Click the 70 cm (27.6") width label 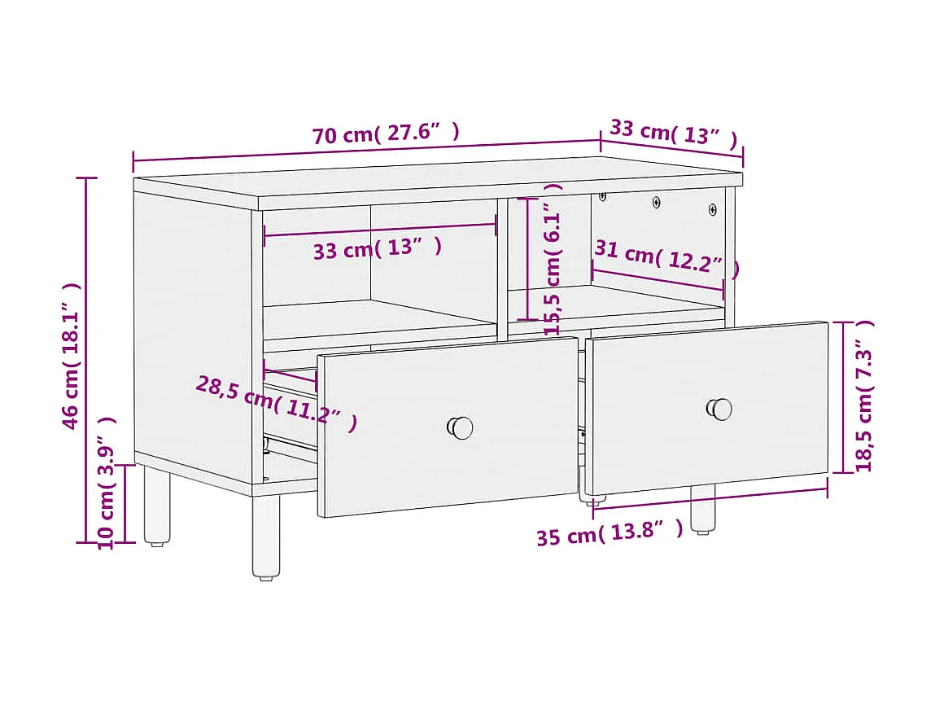(386, 134)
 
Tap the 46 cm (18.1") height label (72, 356)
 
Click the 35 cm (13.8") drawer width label (609, 534)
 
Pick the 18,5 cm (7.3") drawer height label (863, 396)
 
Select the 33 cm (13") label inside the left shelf (378, 248)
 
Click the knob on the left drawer (461, 427)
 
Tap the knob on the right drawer (719, 409)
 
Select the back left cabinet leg (157, 506)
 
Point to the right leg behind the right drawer (702, 509)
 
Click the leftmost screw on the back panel (603, 196)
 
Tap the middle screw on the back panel (657, 201)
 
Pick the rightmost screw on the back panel (713, 209)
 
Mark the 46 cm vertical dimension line (87, 358)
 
